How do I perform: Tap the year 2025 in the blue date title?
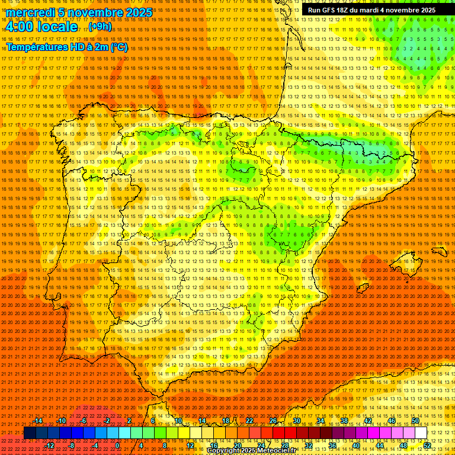point(134,12)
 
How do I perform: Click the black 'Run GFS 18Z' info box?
point(371,10)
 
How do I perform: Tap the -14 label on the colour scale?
point(38,421)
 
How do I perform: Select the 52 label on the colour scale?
point(427,445)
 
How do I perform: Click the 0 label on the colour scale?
point(117,445)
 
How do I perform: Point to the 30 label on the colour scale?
point(296,421)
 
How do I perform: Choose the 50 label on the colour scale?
point(415,421)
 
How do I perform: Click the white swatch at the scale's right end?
point(421,433)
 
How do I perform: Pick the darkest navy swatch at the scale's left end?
point(30,433)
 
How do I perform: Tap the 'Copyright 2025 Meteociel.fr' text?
point(251,451)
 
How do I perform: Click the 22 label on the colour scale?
point(249,421)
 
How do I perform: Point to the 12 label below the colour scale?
point(190,445)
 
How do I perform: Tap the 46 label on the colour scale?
point(392,421)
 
